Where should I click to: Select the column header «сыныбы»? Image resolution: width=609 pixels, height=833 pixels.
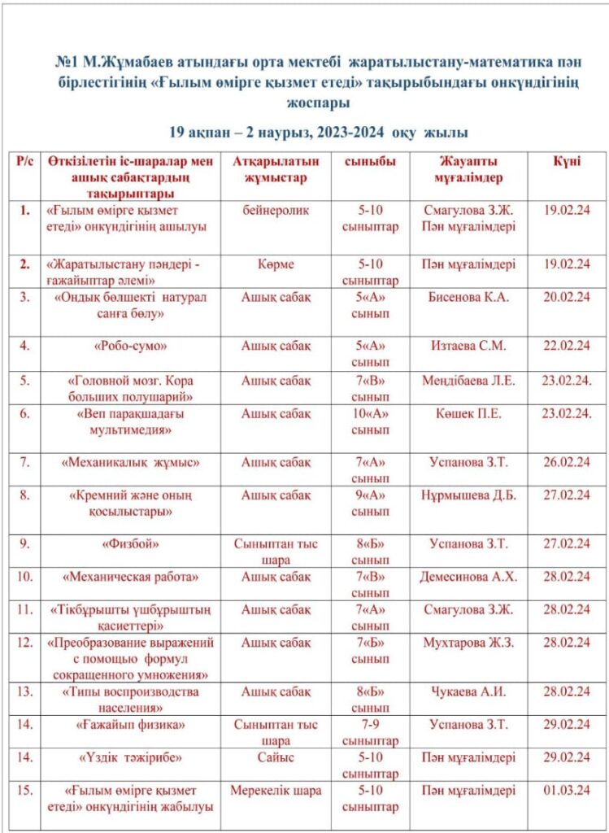click(x=370, y=161)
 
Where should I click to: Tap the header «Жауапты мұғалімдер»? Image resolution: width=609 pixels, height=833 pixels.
click(x=469, y=169)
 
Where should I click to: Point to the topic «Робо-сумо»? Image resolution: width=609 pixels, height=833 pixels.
click(x=130, y=346)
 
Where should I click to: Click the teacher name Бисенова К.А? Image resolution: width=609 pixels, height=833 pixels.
click(x=468, y=297)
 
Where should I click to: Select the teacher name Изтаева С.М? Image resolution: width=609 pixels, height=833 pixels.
click(x=468, y=346)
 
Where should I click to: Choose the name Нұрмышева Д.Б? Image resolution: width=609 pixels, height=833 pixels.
click(x=468, y=495)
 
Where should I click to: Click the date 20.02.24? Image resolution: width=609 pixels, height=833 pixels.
click(x=566, y=297)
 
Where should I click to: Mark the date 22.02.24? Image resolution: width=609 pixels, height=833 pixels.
click(x=566, y=346)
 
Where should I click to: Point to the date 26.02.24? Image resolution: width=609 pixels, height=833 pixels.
click(x=566, y=462)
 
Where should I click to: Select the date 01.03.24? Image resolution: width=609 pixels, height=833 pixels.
click(x=566, y=790)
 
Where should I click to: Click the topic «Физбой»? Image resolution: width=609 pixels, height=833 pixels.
click(x=130, y=543)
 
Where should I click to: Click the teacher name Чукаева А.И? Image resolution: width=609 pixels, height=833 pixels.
click(x=468, y=691)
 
